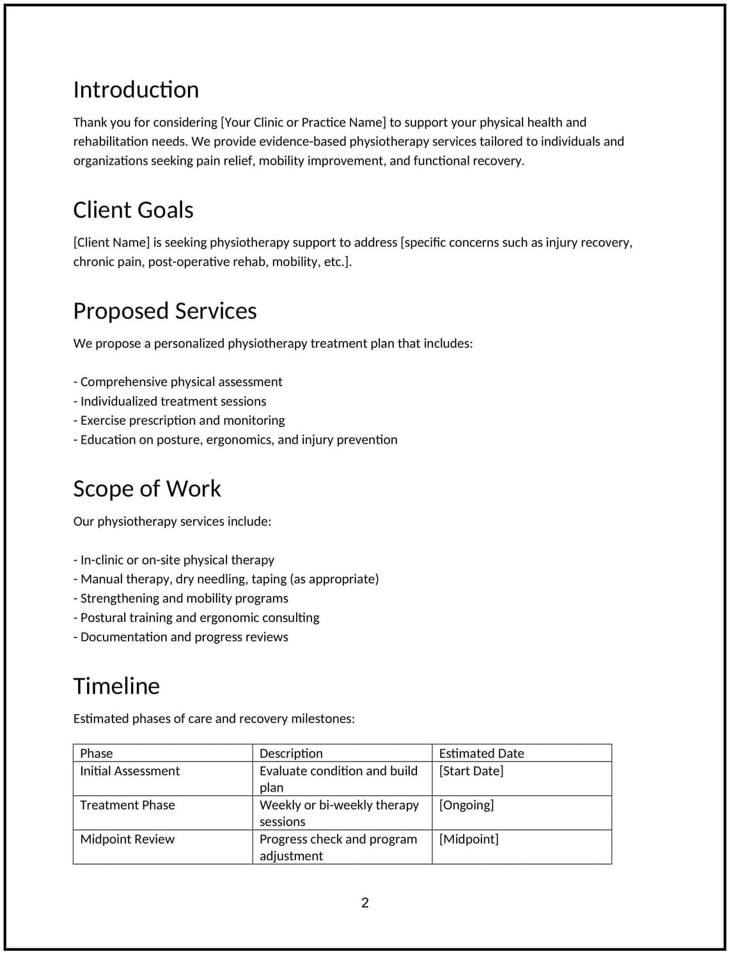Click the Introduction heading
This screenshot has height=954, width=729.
136,90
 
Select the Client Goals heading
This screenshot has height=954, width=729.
133,210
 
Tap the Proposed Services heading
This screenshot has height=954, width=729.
164,311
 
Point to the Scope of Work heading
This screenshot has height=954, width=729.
146,489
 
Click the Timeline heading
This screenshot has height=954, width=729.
116,686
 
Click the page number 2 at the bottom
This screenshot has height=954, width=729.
364,903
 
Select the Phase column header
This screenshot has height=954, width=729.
97,753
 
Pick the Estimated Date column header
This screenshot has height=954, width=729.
481,753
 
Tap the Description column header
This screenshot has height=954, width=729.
291,753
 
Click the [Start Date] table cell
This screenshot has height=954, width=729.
471,771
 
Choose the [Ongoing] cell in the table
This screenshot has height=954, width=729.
466,805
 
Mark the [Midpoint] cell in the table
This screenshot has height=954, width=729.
468,839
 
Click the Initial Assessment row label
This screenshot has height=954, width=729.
130,771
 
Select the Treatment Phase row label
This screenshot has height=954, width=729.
127,805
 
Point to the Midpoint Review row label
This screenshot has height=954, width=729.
127,839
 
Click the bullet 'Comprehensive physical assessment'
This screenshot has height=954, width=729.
178,382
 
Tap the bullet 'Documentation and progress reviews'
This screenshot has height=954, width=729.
181,637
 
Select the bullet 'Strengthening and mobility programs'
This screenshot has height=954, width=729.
181,598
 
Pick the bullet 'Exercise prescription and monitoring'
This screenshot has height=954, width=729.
179,420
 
